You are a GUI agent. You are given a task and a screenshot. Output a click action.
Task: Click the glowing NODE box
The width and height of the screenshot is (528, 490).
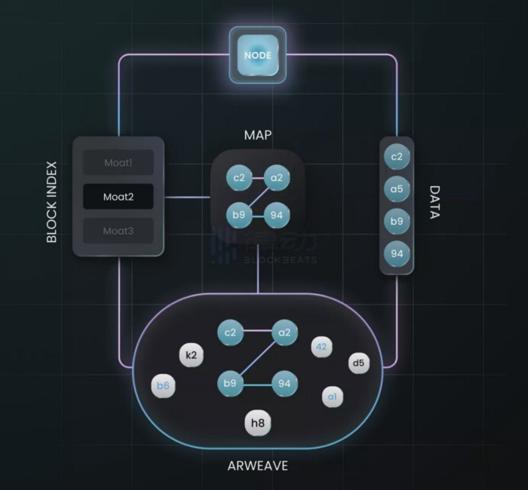click(258, 54)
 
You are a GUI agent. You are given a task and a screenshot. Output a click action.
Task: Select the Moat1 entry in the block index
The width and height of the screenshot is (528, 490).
click(118, 162)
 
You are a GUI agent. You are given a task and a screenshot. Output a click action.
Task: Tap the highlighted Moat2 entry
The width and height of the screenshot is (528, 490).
click(118, 197)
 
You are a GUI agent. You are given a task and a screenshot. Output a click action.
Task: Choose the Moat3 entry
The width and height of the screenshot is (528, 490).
click(118, 231)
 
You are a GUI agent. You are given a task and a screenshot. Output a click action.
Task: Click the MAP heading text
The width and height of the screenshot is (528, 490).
click(258, 135)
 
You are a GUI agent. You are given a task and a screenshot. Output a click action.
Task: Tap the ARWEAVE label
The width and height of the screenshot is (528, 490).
click(258, 465)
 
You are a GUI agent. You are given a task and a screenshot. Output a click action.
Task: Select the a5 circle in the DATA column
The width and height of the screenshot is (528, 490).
click(398, 189)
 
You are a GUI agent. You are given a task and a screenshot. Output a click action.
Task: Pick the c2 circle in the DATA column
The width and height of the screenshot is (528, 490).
click(398, 157)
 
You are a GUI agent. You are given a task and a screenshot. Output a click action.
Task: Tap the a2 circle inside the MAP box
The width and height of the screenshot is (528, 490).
click(277, 178)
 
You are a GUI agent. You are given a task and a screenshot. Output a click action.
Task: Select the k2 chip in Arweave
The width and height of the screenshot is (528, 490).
click(191, 354)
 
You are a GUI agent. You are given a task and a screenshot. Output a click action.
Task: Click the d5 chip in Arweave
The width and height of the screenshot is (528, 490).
click(358, 363)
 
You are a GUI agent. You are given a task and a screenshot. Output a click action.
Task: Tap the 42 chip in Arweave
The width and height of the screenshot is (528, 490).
click(322, 347)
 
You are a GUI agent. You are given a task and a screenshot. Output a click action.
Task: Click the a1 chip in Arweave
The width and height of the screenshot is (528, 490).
click(333, 397)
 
